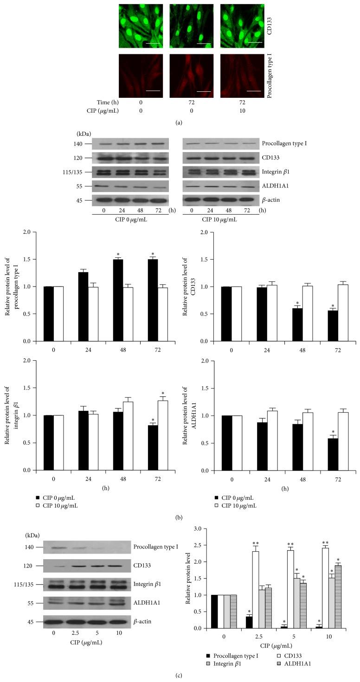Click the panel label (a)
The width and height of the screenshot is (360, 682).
[x=180, y=123]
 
